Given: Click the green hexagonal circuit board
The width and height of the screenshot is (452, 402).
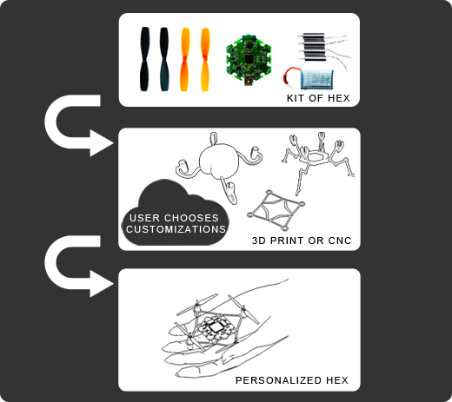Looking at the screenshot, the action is (249, 59).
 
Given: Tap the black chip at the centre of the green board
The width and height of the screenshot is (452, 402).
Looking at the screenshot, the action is (249, 59).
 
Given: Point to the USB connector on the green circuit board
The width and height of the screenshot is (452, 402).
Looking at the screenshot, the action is (248, 81).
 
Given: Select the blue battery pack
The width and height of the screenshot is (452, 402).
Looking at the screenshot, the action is (317, 79).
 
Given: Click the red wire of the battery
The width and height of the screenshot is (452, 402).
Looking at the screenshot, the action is (290, 72).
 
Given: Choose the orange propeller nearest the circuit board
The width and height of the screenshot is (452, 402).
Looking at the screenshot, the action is (205, 59).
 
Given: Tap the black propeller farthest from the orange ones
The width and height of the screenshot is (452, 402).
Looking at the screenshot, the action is (144, 59).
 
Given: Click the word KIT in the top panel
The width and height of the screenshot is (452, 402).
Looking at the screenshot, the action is (296, 98).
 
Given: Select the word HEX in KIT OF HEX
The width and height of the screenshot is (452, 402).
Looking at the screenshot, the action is (339, 98).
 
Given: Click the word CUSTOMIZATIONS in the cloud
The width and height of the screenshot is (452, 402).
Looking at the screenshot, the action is (176, 229).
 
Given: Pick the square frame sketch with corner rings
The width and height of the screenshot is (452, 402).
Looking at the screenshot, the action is (276, 210).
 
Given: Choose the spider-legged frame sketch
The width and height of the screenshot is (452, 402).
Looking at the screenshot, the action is (318, 162).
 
